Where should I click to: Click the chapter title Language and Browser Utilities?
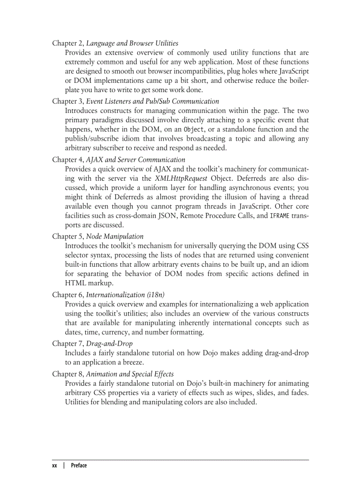(x=132, y=43)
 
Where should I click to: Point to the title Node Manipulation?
(x=115, y=236)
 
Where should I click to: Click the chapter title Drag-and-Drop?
(x=109, y=343)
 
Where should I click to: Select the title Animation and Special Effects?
(x=130, y=374)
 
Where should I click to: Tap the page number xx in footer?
(x=55, y=465)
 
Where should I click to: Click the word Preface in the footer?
(x=79, y=465)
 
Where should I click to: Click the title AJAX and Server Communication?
(x=135, y=160)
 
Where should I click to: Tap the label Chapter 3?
(x=67, y=101)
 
